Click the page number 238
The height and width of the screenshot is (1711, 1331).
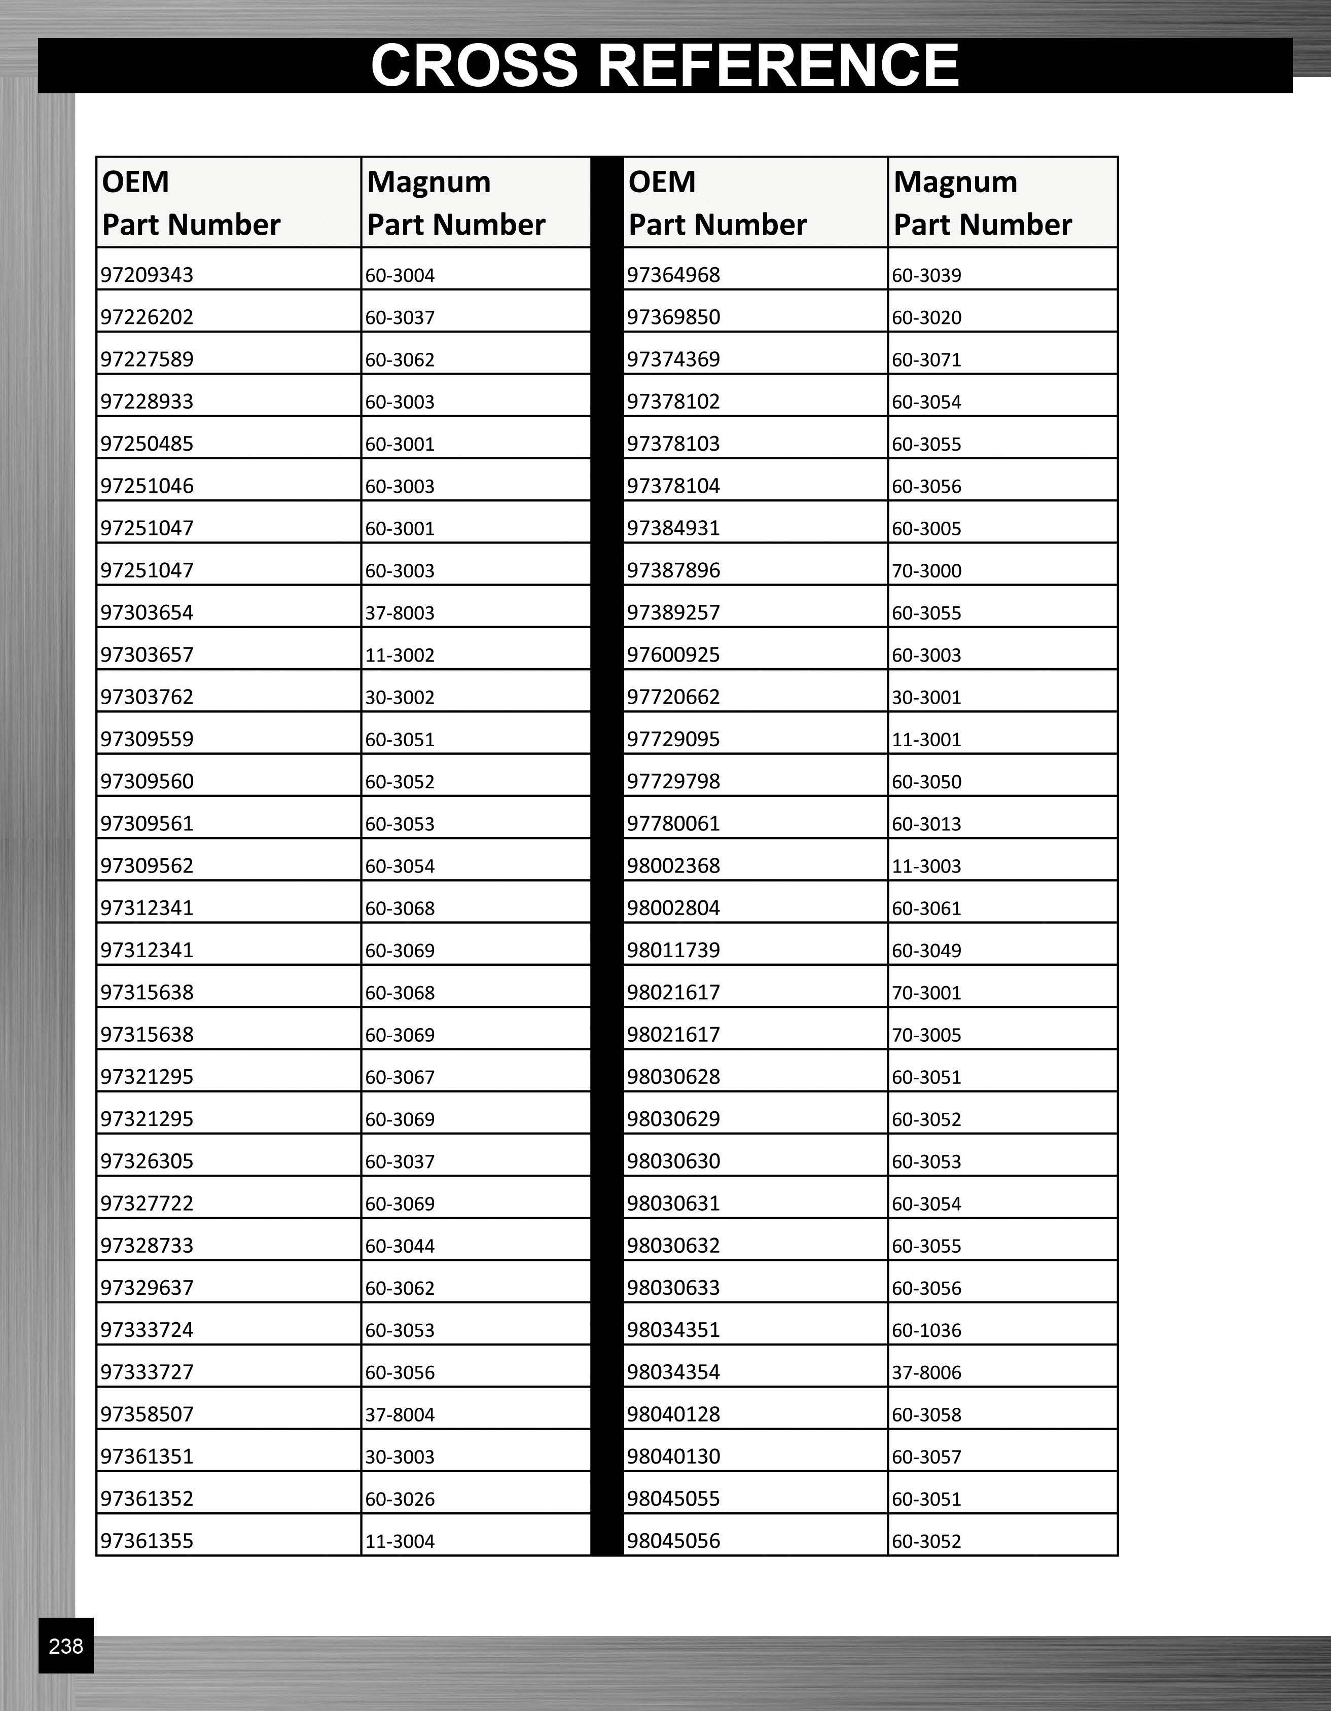pyautogui.click(x=66, y=1646)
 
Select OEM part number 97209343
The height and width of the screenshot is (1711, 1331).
pyautogui.click(x=147, y=275)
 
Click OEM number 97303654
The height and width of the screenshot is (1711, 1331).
pyautogui.click(x=147, y=612)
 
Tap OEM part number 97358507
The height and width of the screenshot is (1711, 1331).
pyautogui.click(x=147, y=1414)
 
